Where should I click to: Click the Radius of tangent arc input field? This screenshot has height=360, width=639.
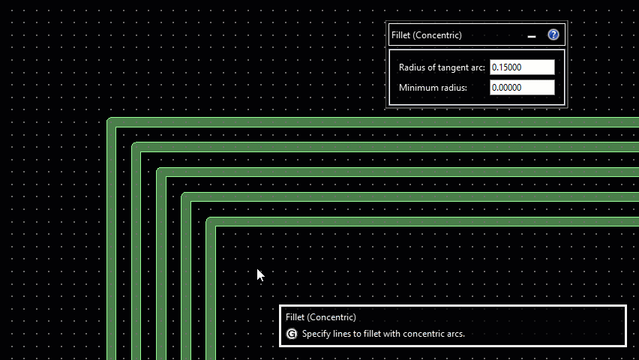click(521, 67)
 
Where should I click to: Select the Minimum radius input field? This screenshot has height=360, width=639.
click(521, 88)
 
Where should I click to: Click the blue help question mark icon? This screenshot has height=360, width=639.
click(553, 34)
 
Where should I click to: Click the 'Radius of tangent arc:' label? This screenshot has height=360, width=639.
click(442, 67)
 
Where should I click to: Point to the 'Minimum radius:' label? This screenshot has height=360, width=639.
click(433, 88)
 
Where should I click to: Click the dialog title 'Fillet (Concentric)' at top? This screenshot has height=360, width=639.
click(426, 35)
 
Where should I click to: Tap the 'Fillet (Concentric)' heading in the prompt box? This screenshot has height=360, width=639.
click(320, 317)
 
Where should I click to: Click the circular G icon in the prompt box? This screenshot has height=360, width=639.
click(292, 334)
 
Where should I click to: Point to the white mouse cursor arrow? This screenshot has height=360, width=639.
click(259, 274)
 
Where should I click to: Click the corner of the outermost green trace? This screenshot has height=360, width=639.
click(112, 123)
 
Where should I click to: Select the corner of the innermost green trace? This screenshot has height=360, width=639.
click(211, 222)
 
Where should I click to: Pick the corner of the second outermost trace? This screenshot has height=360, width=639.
click(136, 148)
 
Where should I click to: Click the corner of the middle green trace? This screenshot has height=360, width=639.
click(161, 172)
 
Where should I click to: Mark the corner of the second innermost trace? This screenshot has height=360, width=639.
click(186, 197)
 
